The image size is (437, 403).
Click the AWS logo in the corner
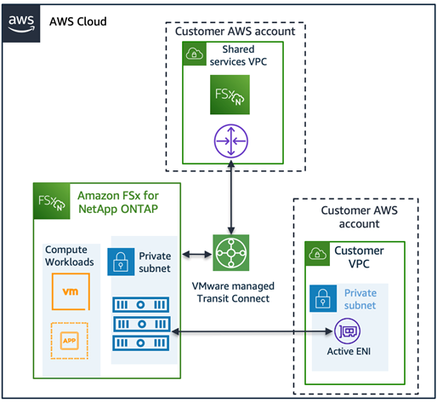21,24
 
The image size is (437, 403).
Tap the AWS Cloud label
78,21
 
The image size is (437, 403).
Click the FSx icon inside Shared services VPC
230,95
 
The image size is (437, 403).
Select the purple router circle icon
231,141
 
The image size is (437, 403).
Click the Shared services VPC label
238,55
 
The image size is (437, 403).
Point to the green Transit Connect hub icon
231,253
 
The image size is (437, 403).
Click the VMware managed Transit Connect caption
233,292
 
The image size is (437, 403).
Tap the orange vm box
71,291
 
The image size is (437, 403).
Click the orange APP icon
70,341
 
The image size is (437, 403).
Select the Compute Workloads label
70,256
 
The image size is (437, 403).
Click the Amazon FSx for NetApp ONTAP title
118,202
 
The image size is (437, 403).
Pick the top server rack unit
141,305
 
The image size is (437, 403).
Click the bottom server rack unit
141,343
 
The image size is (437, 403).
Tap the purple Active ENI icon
348,331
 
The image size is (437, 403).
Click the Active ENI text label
349,351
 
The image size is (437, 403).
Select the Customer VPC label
359,257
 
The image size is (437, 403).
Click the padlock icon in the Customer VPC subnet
323,298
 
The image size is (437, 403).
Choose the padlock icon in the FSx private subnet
121,262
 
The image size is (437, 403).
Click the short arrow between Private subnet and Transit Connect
197,255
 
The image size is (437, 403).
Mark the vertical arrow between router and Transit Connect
231,198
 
